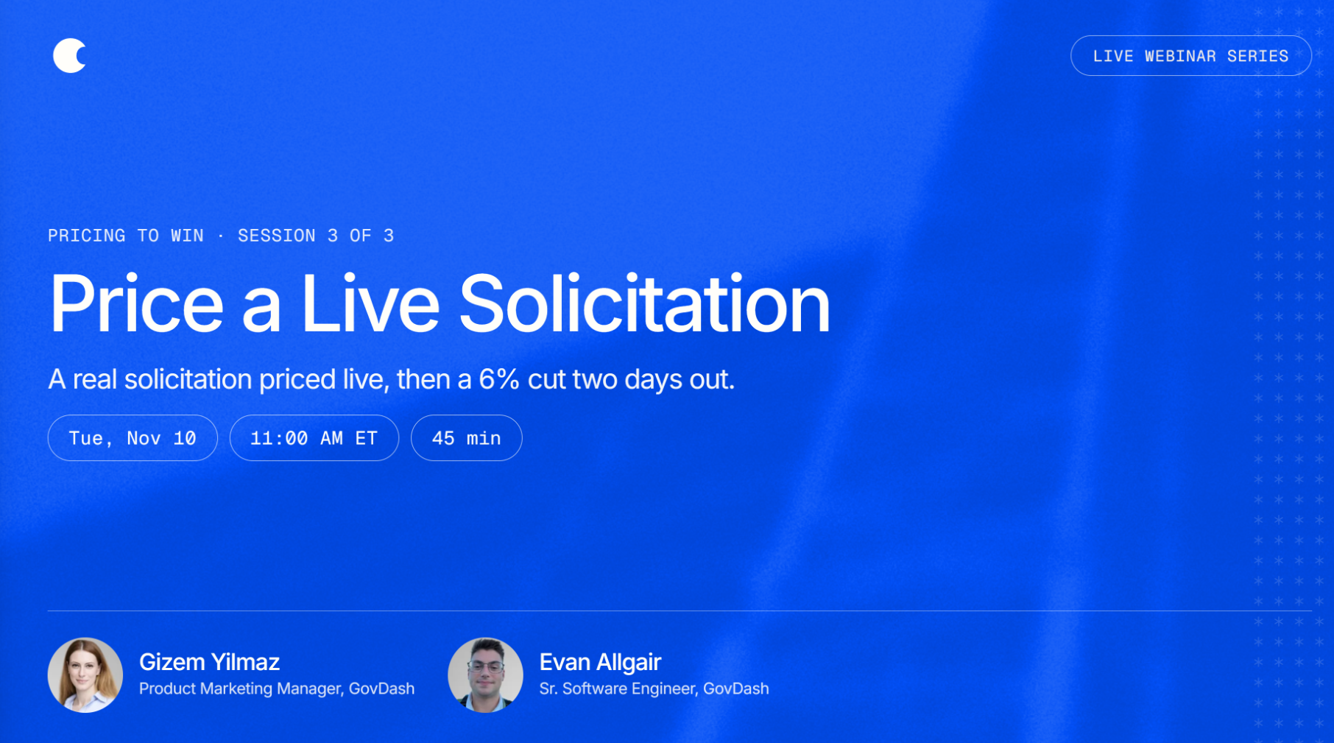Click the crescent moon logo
(x=68, y=56)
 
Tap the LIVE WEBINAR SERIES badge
(x=1190, y=56)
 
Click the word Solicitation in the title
(x=644, y=303)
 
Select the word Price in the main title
(x=136, y=303)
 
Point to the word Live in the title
(x=370, y=303)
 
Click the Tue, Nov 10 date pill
(x=133, y=438)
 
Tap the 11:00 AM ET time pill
(x=314, y=438)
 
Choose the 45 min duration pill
(x=467, y=438)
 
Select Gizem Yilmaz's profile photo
(x=85, y=675)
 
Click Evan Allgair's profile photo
(x=485, y=675)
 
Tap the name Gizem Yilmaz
(x=209, y=662)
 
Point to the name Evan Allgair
(x=600, y=662)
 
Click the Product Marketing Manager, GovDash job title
(x=277, y=689)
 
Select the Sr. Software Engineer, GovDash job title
(x=654, y=689)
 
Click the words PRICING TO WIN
(x=126, y=236)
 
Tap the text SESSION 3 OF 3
(x=316, y=236)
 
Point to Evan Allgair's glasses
(x=485, y=667)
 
